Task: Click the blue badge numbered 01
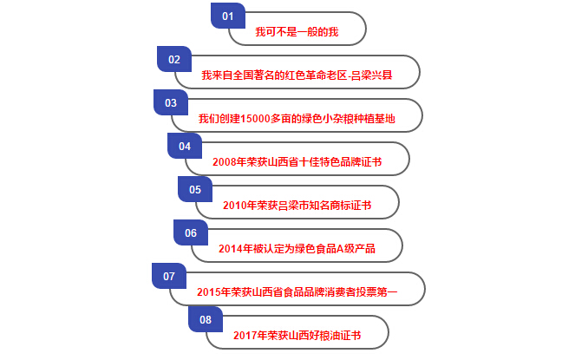(x=228, y=16)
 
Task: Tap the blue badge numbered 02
(x=173, y=59)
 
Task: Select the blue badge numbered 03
(x=170, y=102)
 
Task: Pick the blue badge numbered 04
(x=184, y=146)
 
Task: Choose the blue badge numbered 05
(x=194, y=189)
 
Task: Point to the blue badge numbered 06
(x=191, y=232)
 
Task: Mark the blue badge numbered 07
(x=169, y=277)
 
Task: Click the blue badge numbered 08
(x=206, y=319)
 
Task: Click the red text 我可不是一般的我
(x=297, y=33)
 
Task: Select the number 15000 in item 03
(x=256, y=119)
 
